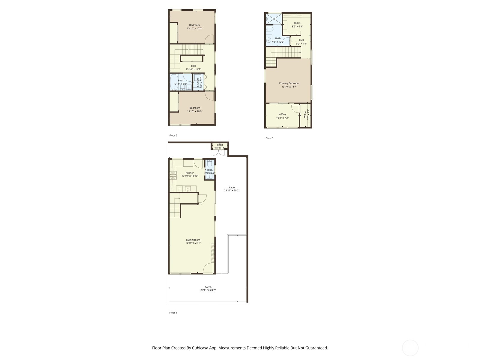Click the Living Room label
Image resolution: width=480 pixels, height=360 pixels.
[193, 240]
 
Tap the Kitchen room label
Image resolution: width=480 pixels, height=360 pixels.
[190, 173]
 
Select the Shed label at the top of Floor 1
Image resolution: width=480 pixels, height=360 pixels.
[220, 145]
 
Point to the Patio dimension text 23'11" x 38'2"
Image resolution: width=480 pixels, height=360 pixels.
[232, 190]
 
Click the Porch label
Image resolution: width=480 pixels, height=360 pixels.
[208, 287]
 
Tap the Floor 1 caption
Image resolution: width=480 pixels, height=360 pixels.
[173, 313]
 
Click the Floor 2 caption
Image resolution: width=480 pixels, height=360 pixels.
[173, 136]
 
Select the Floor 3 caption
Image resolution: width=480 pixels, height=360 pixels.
[269, 138]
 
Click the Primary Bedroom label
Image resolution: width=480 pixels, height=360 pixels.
[289, 83]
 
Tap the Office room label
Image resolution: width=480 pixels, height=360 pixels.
[282, 114]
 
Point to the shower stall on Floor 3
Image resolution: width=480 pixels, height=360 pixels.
[274, 19]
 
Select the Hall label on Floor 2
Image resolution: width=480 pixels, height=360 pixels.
[193, 66]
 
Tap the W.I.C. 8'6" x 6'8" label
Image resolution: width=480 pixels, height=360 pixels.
[297, 23]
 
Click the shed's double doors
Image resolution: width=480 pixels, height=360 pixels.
[219, 152]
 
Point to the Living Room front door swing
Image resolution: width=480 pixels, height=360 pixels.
[209, 268]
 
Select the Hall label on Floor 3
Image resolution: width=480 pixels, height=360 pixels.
[301, 40]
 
